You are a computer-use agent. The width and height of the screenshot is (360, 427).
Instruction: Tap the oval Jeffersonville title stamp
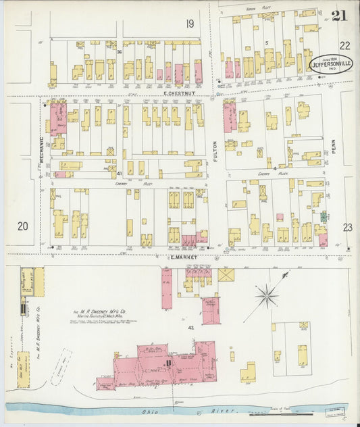pos(331,64)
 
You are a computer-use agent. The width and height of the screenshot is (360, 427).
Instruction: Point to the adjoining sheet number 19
pos(190,24)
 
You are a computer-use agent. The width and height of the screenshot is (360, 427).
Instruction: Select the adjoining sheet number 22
pos(345,45)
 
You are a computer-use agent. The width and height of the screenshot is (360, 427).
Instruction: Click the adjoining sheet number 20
pos(23,226)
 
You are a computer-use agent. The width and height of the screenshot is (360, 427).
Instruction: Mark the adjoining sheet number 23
pos(347,228)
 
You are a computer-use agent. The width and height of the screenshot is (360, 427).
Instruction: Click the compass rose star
pos(267,295)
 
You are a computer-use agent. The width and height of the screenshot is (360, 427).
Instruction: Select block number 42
pos(191,327)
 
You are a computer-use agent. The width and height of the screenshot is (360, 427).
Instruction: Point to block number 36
pos(118,52)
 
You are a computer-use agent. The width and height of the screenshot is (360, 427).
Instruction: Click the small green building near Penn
pos(324,218)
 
